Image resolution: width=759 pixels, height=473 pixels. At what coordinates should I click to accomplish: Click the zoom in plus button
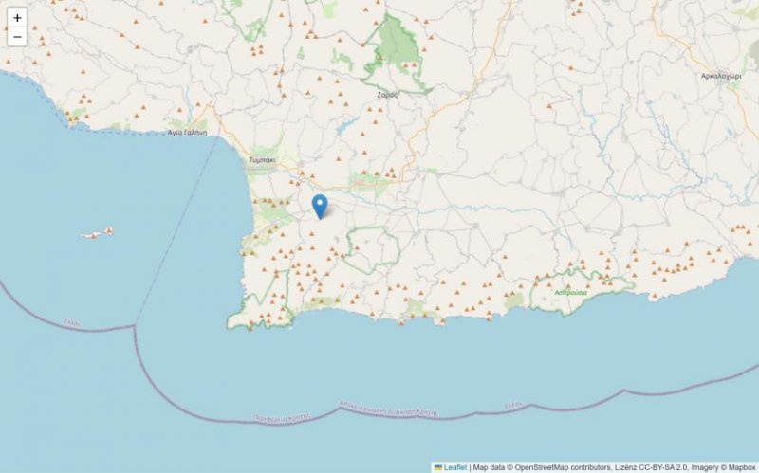[17, 17]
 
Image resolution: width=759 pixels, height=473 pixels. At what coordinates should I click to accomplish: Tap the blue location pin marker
[320, 206]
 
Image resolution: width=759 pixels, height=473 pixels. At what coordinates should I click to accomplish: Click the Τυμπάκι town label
[261, 161]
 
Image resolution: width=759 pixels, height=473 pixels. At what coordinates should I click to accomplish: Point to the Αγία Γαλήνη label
[187, 133]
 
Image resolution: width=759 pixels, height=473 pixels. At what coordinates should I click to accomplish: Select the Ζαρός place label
[386, 95]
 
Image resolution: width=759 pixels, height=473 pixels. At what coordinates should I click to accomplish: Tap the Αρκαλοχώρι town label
[721, 75]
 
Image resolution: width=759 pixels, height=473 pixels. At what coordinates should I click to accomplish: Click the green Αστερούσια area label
[571, 293]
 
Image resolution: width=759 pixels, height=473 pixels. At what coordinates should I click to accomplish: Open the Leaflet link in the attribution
[455, 467]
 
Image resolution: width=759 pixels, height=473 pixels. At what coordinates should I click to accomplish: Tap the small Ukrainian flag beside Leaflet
[438, 467]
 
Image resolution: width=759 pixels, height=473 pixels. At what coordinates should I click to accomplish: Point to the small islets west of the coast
[98, 232]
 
